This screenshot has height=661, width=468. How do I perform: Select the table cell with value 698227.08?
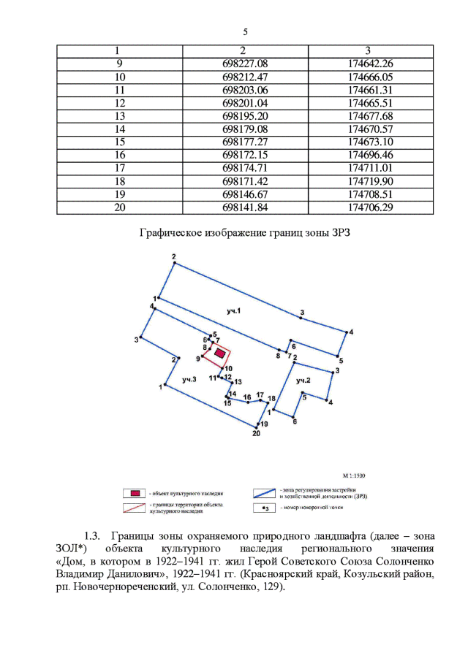click(x=245, y=64)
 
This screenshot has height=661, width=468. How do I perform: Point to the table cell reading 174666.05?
click(x=371, y=77)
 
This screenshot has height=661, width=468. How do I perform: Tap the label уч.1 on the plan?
click(x=234, y=312)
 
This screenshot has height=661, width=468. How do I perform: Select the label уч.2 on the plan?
click(x=303, y=381)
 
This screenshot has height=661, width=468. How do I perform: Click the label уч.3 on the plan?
click(x=189, y=379)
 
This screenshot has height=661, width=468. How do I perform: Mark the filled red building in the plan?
click(x=218, y=352)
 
